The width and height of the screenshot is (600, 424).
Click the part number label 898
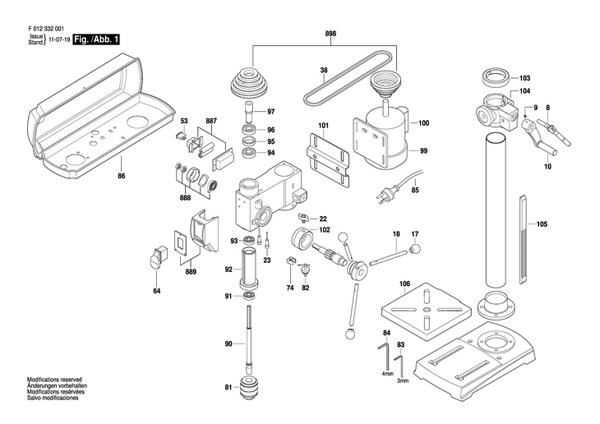click(330, 33)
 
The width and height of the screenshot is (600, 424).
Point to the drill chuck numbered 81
click(247, 388)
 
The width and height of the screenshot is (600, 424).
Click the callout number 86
click(122, 177)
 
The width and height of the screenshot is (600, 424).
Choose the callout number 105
click(541, 224)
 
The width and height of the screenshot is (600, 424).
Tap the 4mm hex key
click(385, 357)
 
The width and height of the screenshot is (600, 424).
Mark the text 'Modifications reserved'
click(55, 380)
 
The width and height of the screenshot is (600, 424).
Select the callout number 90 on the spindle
click(229, 343)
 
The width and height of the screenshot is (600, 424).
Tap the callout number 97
click(270, 112)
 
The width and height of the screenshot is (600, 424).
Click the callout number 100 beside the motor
click(424, 123)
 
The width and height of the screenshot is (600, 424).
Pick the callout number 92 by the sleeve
click(229, 269)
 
